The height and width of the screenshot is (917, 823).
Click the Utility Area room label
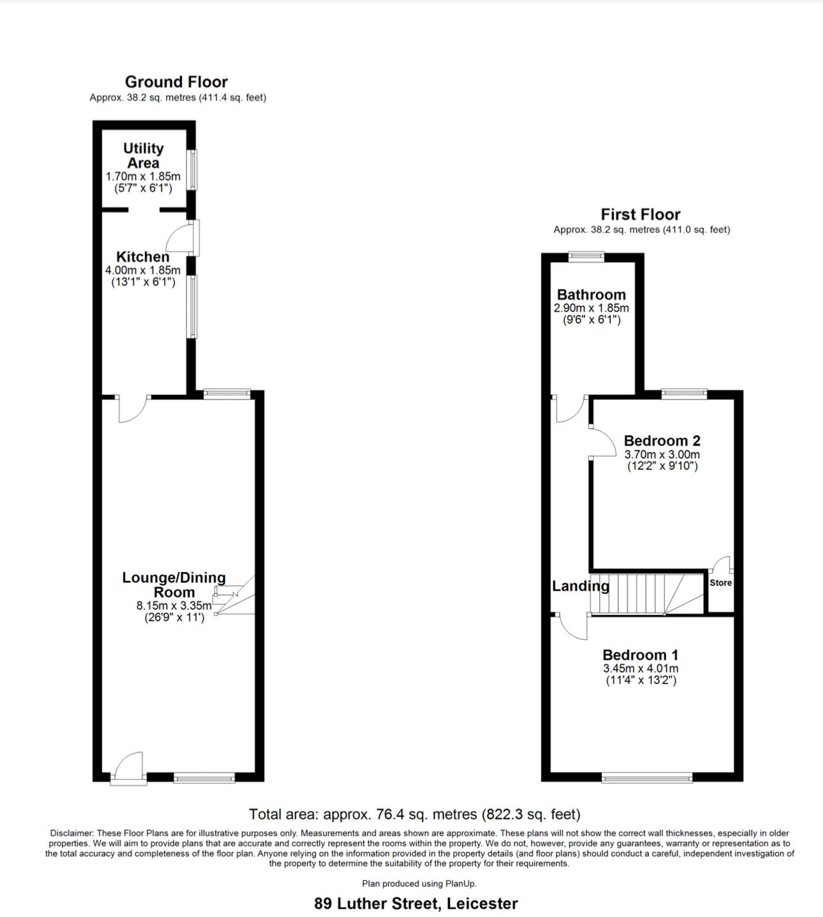click(144, 156)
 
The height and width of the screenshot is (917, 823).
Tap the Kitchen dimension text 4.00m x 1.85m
click(143, 270)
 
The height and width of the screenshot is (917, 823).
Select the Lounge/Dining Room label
click(174, 585)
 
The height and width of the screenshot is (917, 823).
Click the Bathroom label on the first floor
click(592, 294)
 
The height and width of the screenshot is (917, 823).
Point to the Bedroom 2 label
click(662, 441)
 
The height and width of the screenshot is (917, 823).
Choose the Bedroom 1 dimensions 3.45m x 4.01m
click(641, 668)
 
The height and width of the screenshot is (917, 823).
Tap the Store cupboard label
click(720, 582)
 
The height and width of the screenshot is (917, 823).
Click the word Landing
click(581, 586)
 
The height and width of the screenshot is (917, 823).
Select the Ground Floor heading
click(176, 82)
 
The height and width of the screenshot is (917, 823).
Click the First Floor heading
click(641, 214)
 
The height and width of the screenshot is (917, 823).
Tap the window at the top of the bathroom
click(586, 257)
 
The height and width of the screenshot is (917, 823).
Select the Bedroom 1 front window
click(647, 778)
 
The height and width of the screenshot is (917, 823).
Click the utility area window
click(192, 170)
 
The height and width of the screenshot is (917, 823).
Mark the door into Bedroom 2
click(603, 442)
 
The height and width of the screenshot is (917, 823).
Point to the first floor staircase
click(647, 594)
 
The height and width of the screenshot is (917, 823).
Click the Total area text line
click(415, 814)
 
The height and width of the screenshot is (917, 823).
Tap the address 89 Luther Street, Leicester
click(416, 904)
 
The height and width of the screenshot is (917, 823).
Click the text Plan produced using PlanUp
click(419, 883)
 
